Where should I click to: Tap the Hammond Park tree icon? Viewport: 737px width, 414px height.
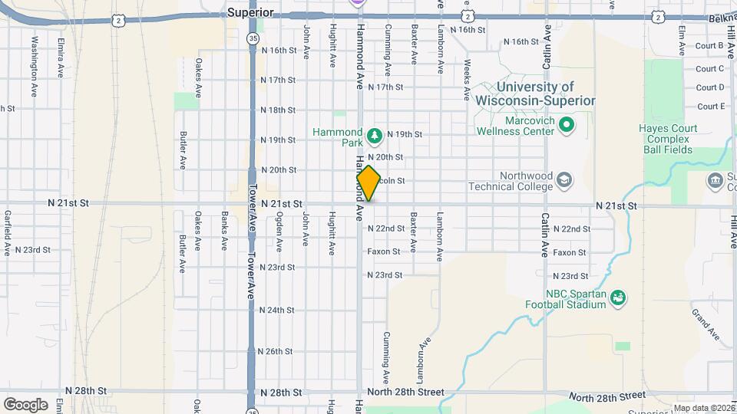coord(375,136)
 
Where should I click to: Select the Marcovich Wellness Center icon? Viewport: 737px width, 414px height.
coord(566,123)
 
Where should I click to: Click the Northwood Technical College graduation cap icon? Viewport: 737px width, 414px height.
coord(565,179)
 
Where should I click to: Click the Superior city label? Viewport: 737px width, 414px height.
coord(250,12)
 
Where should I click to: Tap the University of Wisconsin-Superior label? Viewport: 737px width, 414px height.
coord(535,94)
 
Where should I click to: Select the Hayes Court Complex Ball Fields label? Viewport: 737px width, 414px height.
coord(668,139)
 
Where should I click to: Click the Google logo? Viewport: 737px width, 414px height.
coord(25,404)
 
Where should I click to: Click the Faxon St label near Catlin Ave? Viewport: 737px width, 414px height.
coord(570,252)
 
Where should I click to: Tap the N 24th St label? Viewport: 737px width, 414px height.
coord(277,310)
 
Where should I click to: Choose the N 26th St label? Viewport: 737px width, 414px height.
coord(277,352)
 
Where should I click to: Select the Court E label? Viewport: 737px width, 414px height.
coord(710,107)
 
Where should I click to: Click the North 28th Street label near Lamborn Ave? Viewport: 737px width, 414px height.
coord(405,393)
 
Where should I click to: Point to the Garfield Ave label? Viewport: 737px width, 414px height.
coord(7,233)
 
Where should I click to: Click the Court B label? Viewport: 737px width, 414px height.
coord(710,46)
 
